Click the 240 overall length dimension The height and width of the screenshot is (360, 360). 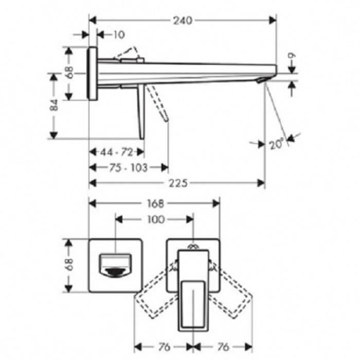tap(182, 21)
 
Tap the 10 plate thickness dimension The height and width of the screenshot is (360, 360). tap(118, 35)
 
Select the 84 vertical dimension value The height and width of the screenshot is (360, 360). tap(53, 105)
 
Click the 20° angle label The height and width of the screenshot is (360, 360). tap(277, 144)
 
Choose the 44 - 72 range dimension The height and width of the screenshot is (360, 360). tap(117, 152)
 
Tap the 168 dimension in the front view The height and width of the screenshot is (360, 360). tap(154, 203)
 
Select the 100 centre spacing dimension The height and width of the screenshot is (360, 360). tap(154, 220)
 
